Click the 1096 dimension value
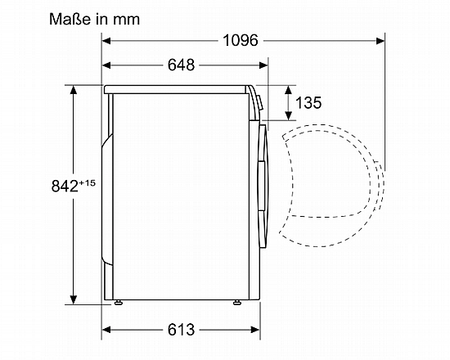click(x=241, y=40)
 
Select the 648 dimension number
click(x=181, y=65)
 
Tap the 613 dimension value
click(x=181, y=330)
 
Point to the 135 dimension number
click(x=308, y=102)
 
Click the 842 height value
click(x=65, y=186)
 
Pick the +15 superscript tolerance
click(x=87, y=183)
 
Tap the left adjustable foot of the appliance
click(x=118, y=302)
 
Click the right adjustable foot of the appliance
click(x=237, y=302)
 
